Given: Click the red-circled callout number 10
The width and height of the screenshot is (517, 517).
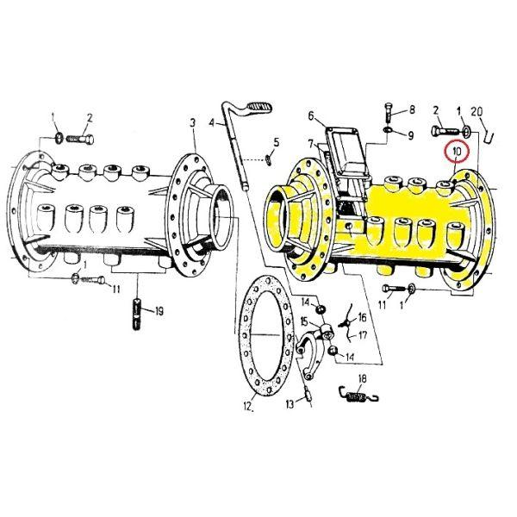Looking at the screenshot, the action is coord(457,152).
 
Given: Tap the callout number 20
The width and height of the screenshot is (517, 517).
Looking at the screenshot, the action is coord(477,112).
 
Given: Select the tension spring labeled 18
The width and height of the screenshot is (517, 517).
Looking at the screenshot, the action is coord(359,396).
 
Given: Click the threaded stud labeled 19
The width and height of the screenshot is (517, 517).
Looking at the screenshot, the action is coord(136,314).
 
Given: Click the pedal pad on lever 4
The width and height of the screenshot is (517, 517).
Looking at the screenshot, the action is coord(260,107).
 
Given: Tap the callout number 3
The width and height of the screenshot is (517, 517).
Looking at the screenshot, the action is coord(192,123).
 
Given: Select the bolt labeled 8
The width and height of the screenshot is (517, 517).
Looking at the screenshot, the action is coord(389,114).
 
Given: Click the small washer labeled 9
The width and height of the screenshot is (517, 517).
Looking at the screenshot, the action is coord(388,129).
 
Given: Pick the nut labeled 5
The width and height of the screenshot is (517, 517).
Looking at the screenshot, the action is coord(269,161).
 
